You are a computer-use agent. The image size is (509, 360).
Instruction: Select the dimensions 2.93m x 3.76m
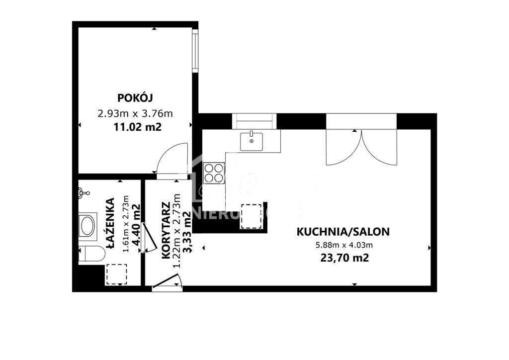coord(135,113)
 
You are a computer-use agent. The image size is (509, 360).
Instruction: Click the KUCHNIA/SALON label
coord(343,231)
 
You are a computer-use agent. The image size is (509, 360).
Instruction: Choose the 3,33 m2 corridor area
coord(187,233)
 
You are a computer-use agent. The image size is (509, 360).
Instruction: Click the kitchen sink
coord(252,141)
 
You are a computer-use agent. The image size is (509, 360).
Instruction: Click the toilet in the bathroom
coord(92,254)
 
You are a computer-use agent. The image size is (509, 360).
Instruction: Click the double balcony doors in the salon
coord(361,147)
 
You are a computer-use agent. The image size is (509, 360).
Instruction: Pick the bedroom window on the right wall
coord(195,51)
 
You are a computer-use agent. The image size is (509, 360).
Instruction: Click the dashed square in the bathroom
coord(117,274)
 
